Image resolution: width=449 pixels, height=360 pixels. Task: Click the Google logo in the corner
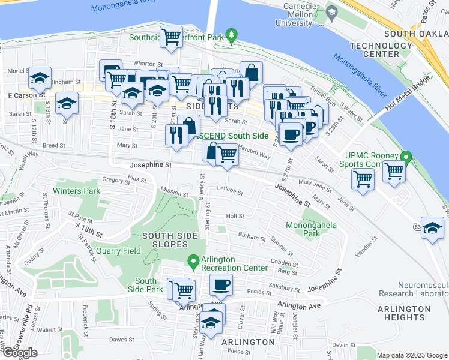click(19, 353)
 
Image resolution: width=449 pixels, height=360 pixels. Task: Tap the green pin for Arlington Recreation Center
click(193, 262)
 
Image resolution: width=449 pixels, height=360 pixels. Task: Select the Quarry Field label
click(118, 251)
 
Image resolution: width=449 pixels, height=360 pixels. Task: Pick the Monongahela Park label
click(312, 230)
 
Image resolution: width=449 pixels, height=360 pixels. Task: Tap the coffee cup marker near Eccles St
click(221, 285)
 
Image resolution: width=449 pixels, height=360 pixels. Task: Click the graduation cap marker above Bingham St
click(40, 78)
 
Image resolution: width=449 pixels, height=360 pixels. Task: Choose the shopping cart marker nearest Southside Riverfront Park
click(172, 38)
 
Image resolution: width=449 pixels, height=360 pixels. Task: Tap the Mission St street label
click(174, 191)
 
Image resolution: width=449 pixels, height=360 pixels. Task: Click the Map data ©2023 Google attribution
click(412, 355)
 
